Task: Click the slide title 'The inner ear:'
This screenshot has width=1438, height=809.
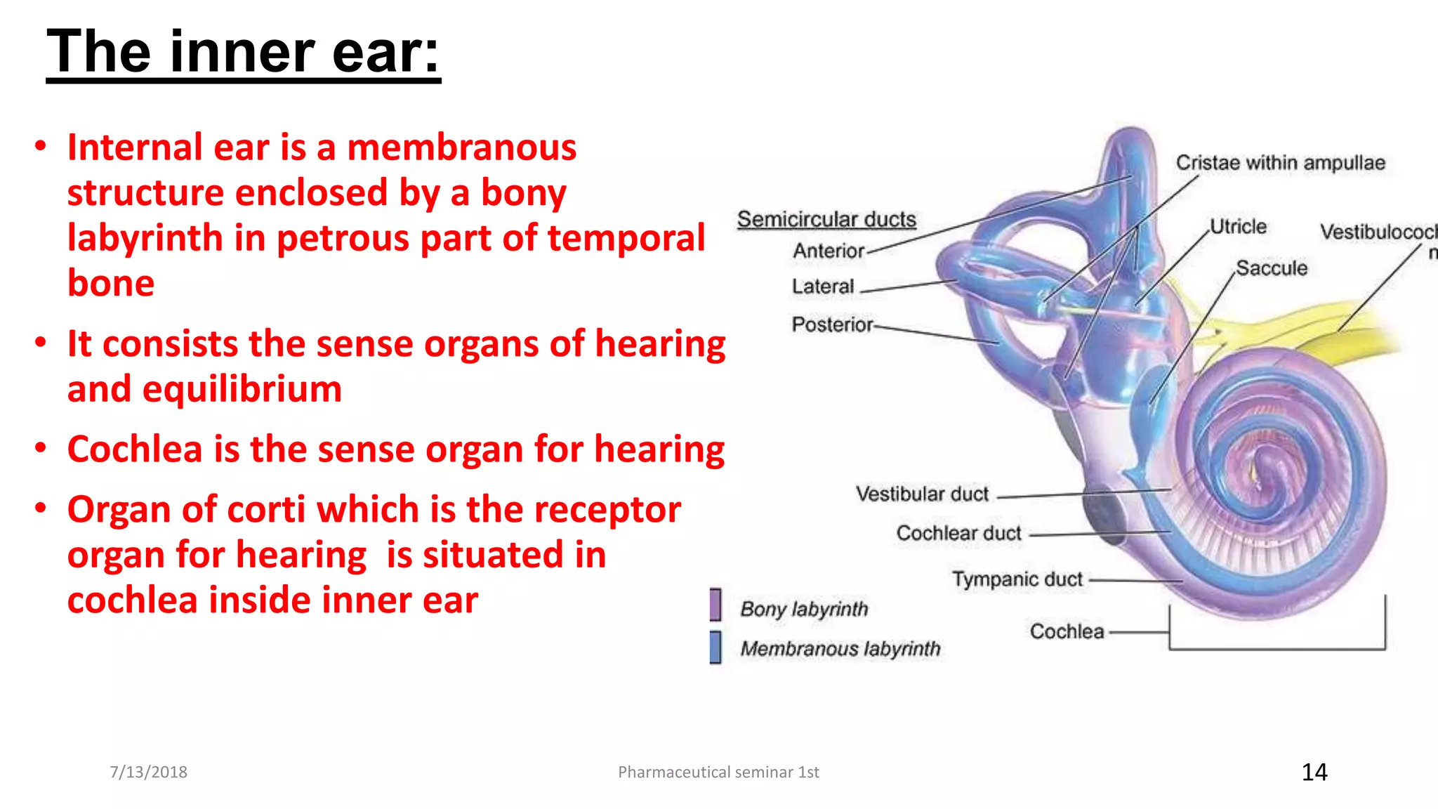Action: (x=243, y=52)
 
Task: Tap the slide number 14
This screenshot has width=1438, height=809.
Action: (x=1314, y=772)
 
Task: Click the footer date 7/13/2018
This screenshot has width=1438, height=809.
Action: (x=148, y=772)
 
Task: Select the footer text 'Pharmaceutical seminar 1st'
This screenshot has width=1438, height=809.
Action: (x=718, y=772)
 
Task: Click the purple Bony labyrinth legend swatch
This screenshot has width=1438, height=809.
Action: (x=715, y=605)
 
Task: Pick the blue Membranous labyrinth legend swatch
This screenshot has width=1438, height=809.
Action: (x=715, y=647)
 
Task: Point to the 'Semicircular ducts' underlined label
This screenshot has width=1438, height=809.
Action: (x=826, y=219)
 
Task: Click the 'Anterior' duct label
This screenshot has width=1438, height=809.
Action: (x=829, y=251)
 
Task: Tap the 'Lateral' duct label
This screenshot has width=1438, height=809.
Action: (x=823, y=287)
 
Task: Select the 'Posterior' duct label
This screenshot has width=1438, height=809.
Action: (x=832, y=324)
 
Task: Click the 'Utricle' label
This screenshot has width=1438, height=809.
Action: (x=1239, y=226)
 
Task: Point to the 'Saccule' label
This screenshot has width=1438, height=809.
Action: (x=1272, y=268)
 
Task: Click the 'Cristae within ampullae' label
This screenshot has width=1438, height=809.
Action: (x=1280, y=163)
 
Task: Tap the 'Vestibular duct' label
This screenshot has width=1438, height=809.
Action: (x=922, y=494)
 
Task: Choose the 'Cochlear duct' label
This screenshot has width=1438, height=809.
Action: (x=958, y=533)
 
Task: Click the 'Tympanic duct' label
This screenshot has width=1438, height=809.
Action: (x=1017, y=579)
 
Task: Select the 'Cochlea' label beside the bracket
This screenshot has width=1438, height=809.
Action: (x=1067, y=631)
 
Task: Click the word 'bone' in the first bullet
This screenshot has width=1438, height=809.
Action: (x=111, y=283)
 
